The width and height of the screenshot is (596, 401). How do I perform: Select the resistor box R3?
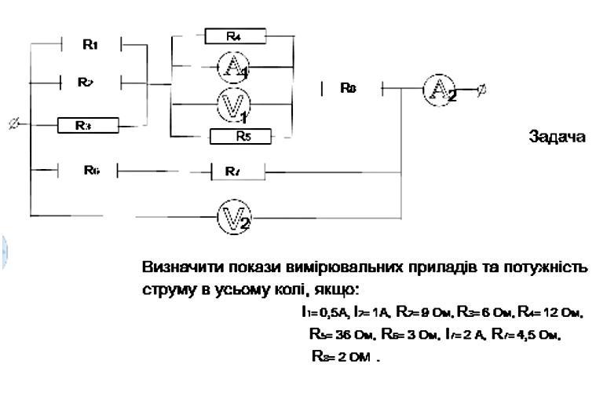tap(87, 125)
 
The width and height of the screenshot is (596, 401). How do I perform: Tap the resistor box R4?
tap(235, 36)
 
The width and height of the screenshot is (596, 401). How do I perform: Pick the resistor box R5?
tap(240, 137)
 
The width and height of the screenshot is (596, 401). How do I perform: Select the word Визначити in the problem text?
tap(173, 267)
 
